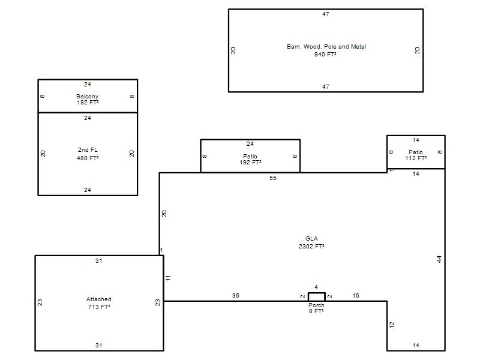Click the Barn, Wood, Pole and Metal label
click(x=326, y=47)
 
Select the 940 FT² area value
click(x=325, y=54)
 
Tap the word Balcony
click(x=87, y=96)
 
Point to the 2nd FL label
click(x=88, y=149)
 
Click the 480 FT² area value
click(x=88, y=158)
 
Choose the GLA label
click(x=311, y=238)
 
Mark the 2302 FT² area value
click(x=311, y=246)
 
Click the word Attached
click(x=98, y=299)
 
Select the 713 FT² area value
click(x=99, y=307)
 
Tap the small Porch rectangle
click(x=317, y=293)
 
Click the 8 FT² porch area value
click(x=316, y=311)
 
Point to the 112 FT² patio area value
click(x=416, y=158)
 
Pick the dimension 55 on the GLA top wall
click(x=273, y=178)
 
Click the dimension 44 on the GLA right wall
click(x=439, y=259)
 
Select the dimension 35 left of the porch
click(x=235, y=295)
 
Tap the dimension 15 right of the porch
click(x=356, y=295)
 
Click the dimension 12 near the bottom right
click(x=392, y=325)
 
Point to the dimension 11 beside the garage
click(x=168, y=278)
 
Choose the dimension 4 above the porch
click(x=316, y=287)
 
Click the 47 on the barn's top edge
click(x=326, y=14)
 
